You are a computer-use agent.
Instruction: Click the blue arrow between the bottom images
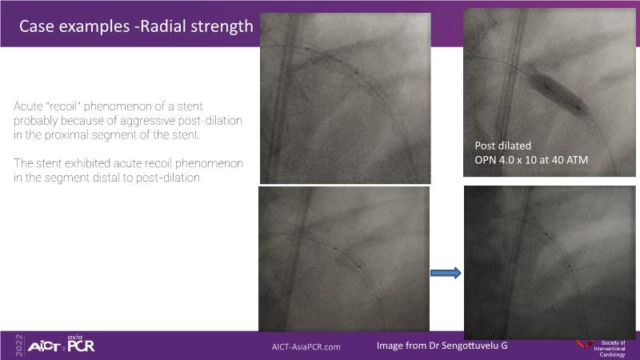coord(446,273)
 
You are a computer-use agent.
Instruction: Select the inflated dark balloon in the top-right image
coord(558,92)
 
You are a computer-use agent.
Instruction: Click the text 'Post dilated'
coord(503,146)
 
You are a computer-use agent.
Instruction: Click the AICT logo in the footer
coord(44,347)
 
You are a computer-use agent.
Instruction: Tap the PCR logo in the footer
coord(82,344)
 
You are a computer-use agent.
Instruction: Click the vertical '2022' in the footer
coord(19,346)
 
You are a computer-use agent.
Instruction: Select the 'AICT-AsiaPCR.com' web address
coord(306,347)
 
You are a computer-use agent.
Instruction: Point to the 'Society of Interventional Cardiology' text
coord(610,349)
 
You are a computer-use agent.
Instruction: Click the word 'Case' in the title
coord(34,26)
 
